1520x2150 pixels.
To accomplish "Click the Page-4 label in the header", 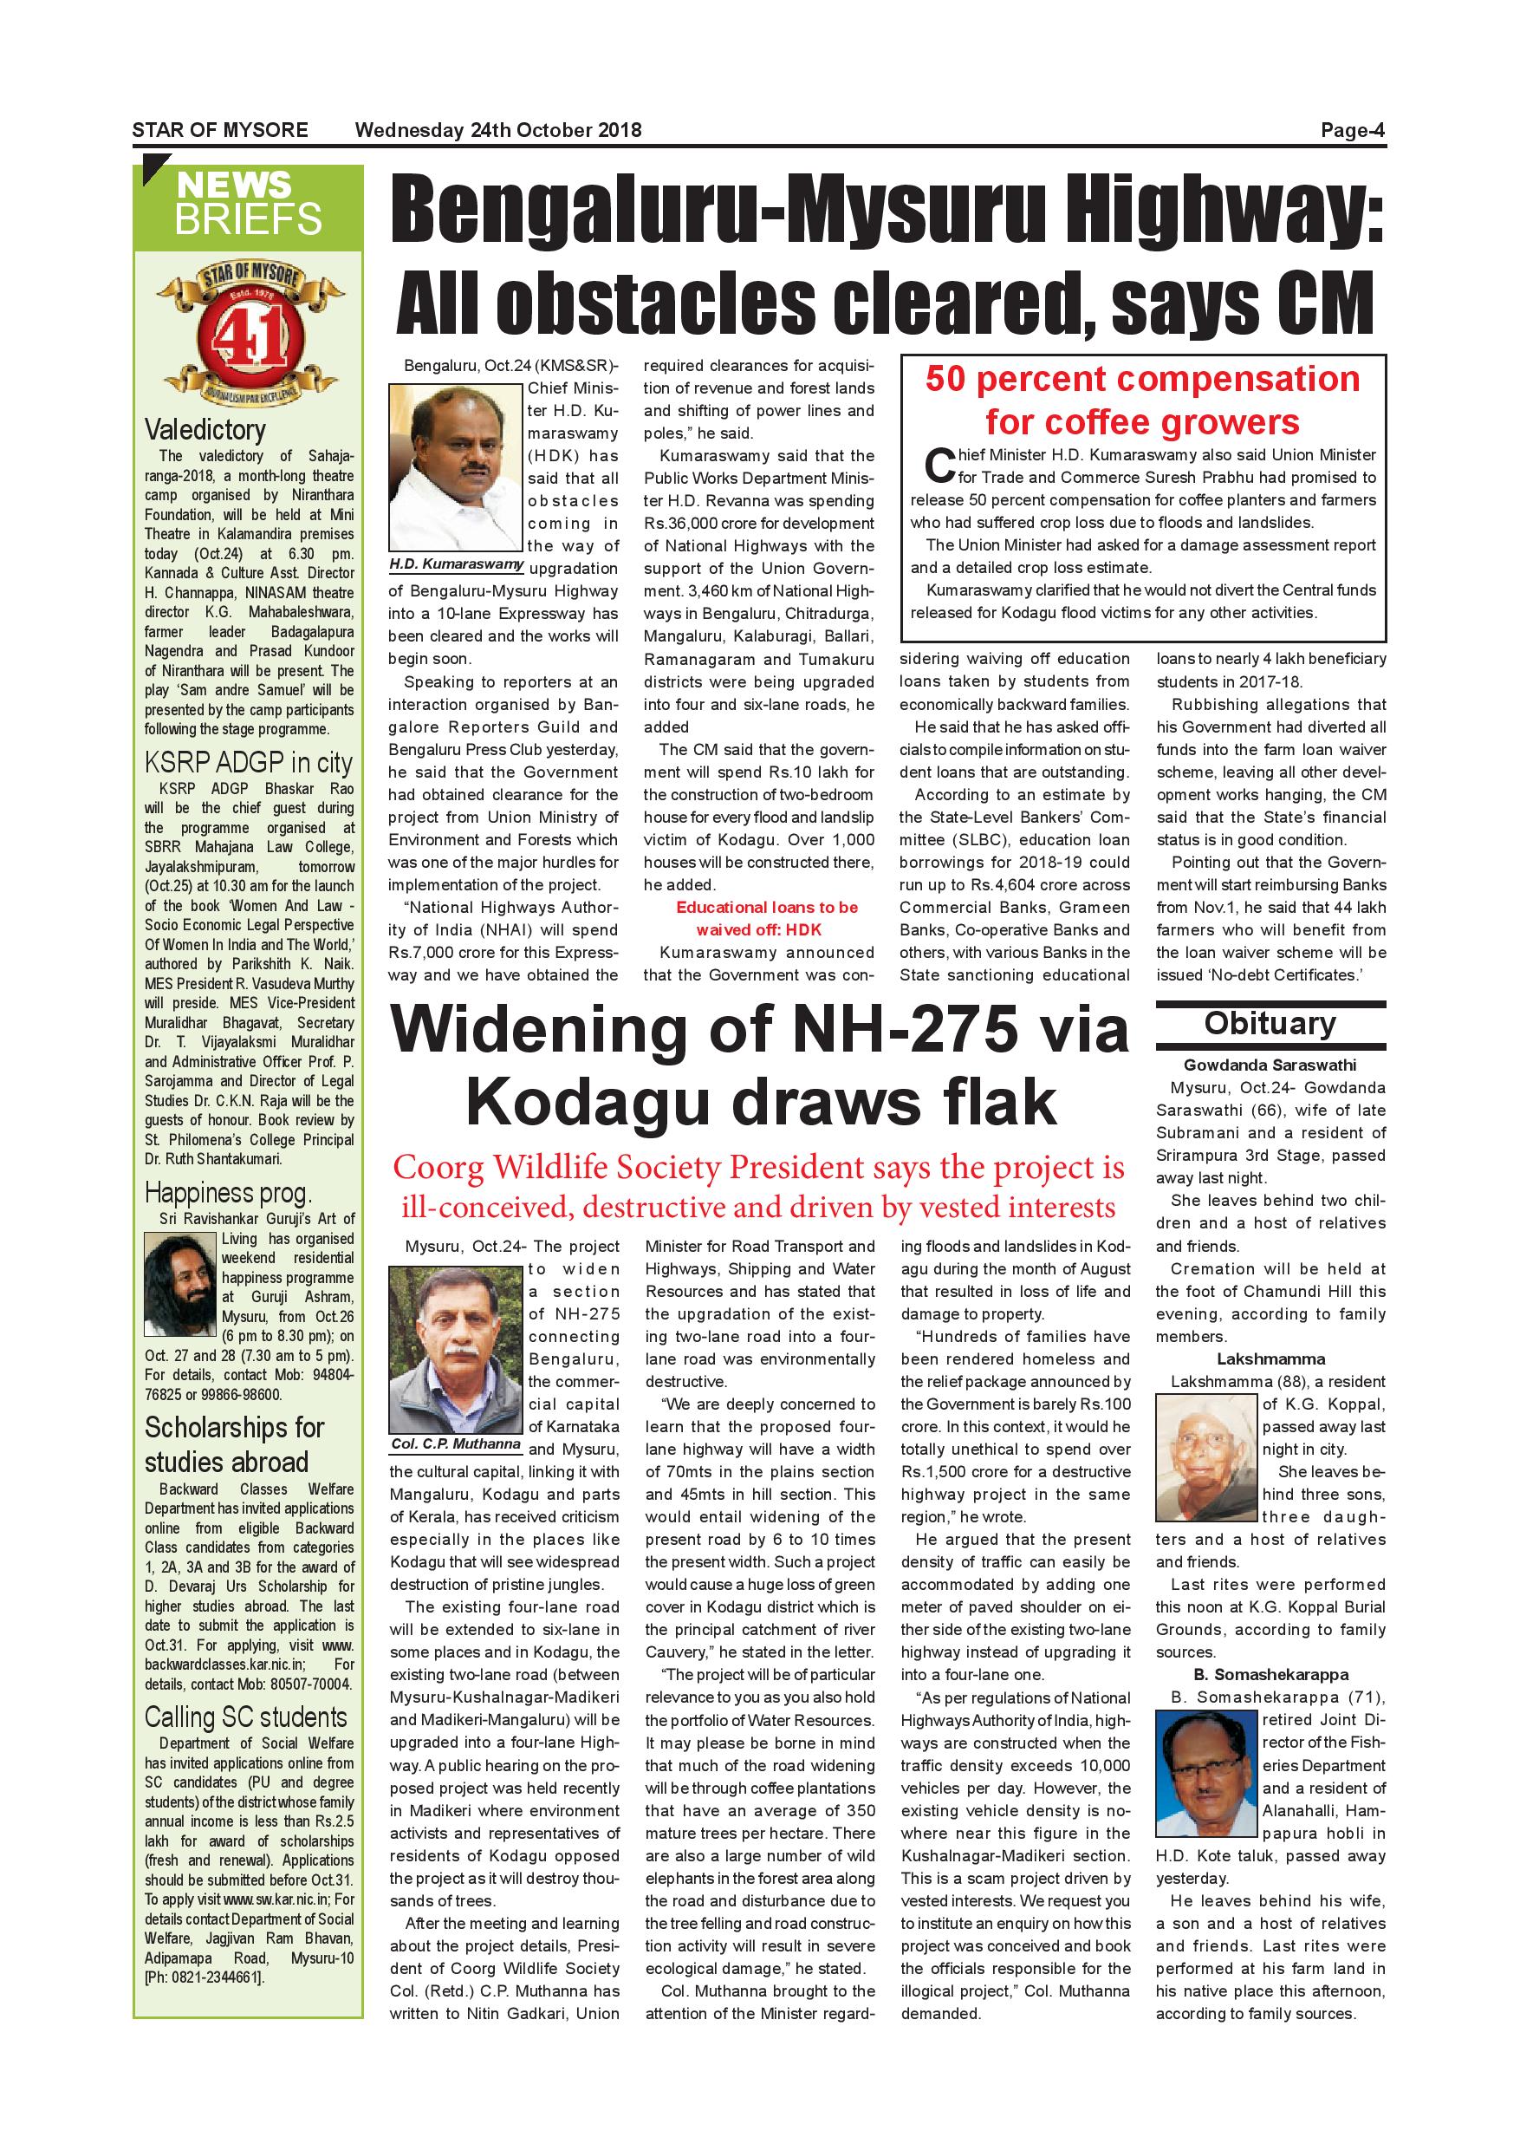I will click(x=1352, y=130).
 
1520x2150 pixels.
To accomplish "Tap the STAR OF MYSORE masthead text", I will click(x=220, y=130).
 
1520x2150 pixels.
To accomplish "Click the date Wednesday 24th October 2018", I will click(x=498, y=130).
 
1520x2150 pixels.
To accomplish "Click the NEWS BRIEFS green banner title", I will click(x=248, y=204).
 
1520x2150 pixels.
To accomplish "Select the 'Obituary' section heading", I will click(x=1270, y=1024).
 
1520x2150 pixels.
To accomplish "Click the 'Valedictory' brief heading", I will click(x=205, y=430).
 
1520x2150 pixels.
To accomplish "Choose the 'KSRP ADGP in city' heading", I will click(x=248, y=763).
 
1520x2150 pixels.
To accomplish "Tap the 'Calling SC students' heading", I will click(x=245, y=1717).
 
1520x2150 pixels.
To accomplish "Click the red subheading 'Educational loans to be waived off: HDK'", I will click(x=767, y=919).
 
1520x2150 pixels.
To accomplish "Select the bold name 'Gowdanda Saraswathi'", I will click(x=1270, y=1065).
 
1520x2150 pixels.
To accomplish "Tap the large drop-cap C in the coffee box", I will click(x=939, y=466).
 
